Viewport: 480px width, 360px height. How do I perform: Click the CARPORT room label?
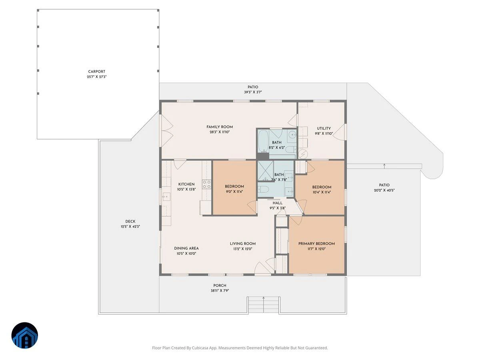[x=96, y=72]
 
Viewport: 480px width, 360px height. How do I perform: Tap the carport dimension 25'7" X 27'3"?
[x=96, y=77]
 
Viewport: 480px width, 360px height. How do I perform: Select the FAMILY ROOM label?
[x=220, y=127]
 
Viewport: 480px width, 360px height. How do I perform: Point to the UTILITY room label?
[x=324, y=128]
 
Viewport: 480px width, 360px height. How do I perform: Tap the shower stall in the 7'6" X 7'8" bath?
[x=266, y=171]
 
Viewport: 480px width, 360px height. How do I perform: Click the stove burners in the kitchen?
[x=206, y=184]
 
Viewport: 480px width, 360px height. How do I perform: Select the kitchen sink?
[x=166, y=197]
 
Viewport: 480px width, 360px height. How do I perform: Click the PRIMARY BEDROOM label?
[x=316, y=244]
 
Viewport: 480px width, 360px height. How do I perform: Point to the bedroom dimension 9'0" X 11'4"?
[x=234, y=192]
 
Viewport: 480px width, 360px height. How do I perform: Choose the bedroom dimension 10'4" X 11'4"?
[x=322, y=192]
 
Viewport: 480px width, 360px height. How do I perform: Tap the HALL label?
[x=278, y=203]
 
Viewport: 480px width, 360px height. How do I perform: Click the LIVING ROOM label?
[x=243, y=244]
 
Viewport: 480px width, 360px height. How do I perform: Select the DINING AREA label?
[x=186, y=248]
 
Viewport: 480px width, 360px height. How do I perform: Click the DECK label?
[x=130, y=222]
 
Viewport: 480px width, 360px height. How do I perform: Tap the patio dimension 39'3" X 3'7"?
[x=253, y=92]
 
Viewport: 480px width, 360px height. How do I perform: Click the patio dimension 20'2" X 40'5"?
[x=384, y=190]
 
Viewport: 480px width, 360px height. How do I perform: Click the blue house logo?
[x=24, y=335]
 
